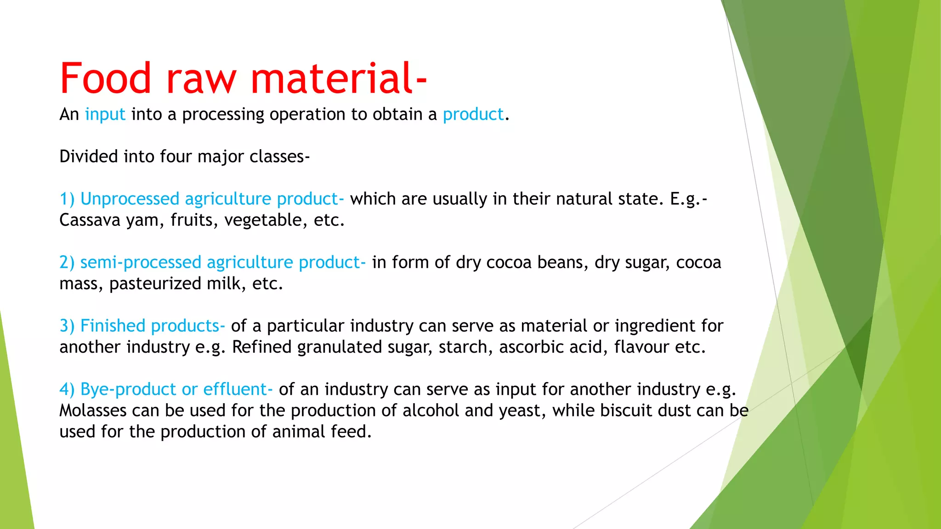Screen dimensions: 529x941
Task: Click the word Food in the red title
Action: [105, 78]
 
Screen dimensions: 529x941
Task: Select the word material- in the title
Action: [339, 78]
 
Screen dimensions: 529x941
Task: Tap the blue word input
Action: [105, 114]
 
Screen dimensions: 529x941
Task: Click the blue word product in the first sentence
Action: [473, 114]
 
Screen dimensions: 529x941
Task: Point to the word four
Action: [176, 157]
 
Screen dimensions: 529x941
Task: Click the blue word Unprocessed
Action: [130, 199]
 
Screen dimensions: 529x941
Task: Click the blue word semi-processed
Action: [141, 262]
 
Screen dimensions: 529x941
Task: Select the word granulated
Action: [340, 347]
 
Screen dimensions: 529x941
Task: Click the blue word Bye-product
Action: [128, 389]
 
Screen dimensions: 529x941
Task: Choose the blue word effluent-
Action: [238, 389]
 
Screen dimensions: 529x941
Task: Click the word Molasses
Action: [93, 411]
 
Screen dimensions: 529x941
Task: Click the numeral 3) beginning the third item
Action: [67, 326]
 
